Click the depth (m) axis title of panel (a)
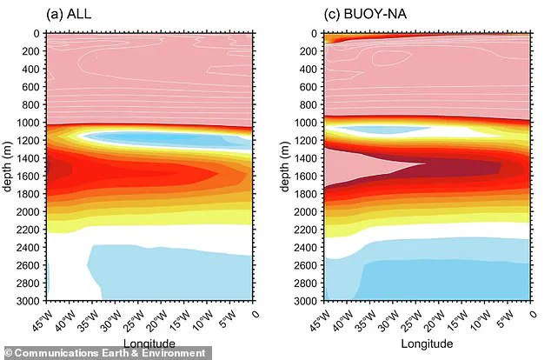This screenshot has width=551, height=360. pos(8,167)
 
